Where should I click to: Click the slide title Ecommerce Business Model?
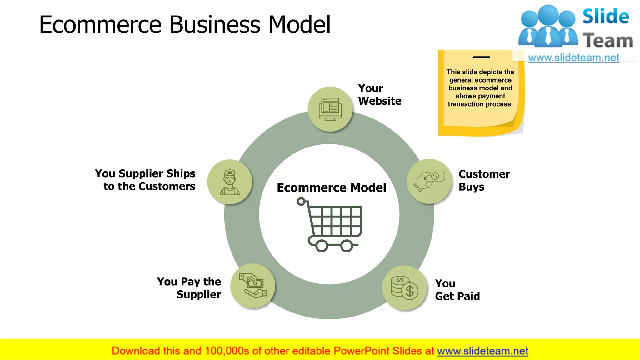pos(185,25)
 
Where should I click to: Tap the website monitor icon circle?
pos(330,109)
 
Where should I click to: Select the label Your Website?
pos(379,95)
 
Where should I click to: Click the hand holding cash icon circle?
pos(429,181)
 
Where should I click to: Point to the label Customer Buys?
pos(484,180)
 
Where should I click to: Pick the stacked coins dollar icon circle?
pos(405,288)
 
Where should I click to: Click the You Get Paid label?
pos(457,290)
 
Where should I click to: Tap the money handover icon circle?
pos(253,286)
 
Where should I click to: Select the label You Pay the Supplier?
pos(189,288)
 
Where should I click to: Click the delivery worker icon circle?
pos(230,182)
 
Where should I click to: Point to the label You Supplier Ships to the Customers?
pos(145,180)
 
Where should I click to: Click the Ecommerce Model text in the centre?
pos(332,187)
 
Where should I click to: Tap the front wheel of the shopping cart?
pos(347,246)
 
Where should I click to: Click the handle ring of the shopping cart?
pos(301,202)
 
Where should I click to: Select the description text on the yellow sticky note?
pos(480,88)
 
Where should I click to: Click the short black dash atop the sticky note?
pos(481,57)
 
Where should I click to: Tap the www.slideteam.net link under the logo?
pos(574,58)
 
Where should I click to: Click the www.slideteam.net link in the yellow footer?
pos(482,351)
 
